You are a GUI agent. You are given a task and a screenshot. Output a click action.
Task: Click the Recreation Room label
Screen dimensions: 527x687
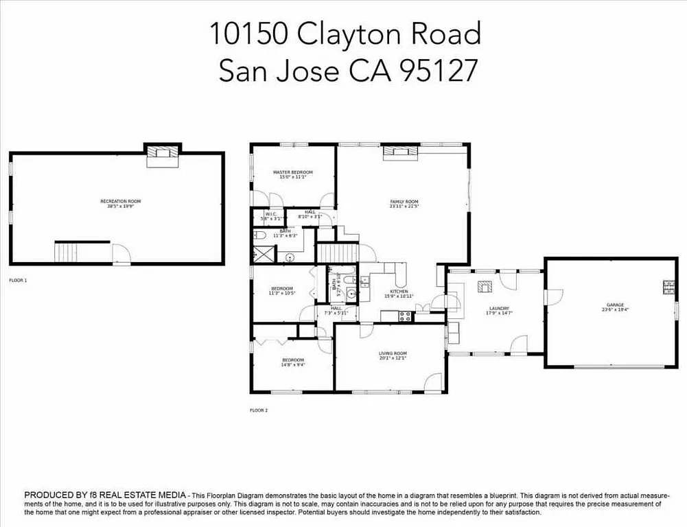pyautogui.click(x=120, y=201)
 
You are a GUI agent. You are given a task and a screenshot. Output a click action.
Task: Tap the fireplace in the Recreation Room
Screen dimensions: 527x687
pyautogui.click(x=163, y=153)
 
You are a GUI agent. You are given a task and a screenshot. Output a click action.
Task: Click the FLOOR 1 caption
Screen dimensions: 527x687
pyautogui.click(x=18, y=281)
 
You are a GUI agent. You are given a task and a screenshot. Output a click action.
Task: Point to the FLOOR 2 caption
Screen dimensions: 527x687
pyautogui.click(x=258, y=410)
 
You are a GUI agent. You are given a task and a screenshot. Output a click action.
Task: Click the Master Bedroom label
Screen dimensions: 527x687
pyautogui.click(x=292, y=172)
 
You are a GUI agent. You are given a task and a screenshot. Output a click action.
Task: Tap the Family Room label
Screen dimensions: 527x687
pyautogui.click(x=404, y=201)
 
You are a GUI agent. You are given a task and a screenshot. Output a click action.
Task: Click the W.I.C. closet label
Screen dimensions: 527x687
pyautogui.click(x=270, y=213)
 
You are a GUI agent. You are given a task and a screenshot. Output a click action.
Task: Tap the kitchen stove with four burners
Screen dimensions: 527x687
pyautogui.click(x=405, y=316)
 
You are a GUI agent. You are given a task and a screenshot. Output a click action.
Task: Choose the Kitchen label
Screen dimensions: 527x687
pyautogui.click(x=399, y=292)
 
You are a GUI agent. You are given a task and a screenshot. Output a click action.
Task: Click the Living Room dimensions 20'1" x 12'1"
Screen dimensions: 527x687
pyautogui.click(x=393, y=358)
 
